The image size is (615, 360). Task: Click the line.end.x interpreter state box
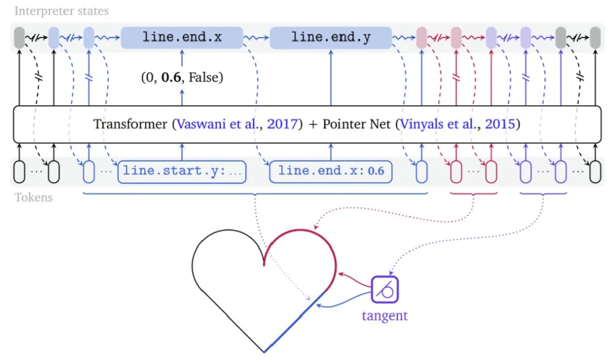(182, 38)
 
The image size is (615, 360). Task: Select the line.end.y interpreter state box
(331, 38)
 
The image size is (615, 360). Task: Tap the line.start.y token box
(182, 171)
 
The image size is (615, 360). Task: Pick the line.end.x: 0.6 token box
(331, 171)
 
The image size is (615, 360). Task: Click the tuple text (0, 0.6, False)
(182, 77)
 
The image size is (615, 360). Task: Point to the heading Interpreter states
(61, 11)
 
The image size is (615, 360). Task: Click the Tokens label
(34, 198)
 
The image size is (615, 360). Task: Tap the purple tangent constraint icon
(385, 289)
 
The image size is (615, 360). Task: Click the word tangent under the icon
(385, 316)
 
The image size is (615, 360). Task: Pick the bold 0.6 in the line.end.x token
(376, 171)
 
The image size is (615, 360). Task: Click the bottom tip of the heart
(264, 351)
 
